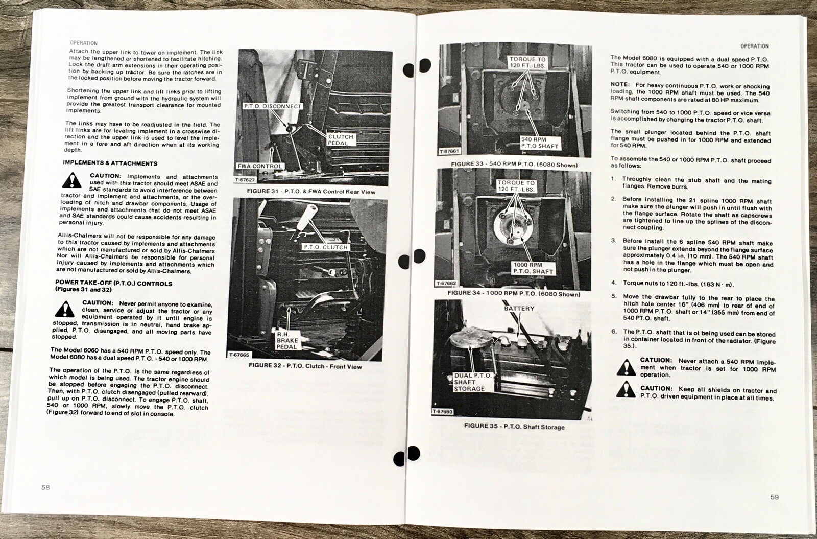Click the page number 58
[45, 487]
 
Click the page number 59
[774, 497]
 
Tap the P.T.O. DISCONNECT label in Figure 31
[273, 106]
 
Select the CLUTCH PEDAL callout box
[341, 140]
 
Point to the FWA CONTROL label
[260, 166]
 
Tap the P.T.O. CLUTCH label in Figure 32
[326, 247]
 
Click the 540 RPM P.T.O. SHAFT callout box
[540, 143]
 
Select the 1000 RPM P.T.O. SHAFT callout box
[533, 268]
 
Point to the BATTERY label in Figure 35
[519, 309]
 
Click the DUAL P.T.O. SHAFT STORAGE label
[473, 382]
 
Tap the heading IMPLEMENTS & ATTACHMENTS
[110, 163]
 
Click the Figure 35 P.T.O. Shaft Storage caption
[514, 426]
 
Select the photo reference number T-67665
[239, 355]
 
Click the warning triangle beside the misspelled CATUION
[626, 367]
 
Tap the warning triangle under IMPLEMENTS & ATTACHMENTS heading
[72, 180]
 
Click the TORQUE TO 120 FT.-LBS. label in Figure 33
[527, 62]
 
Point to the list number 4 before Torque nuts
[614, 283]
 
